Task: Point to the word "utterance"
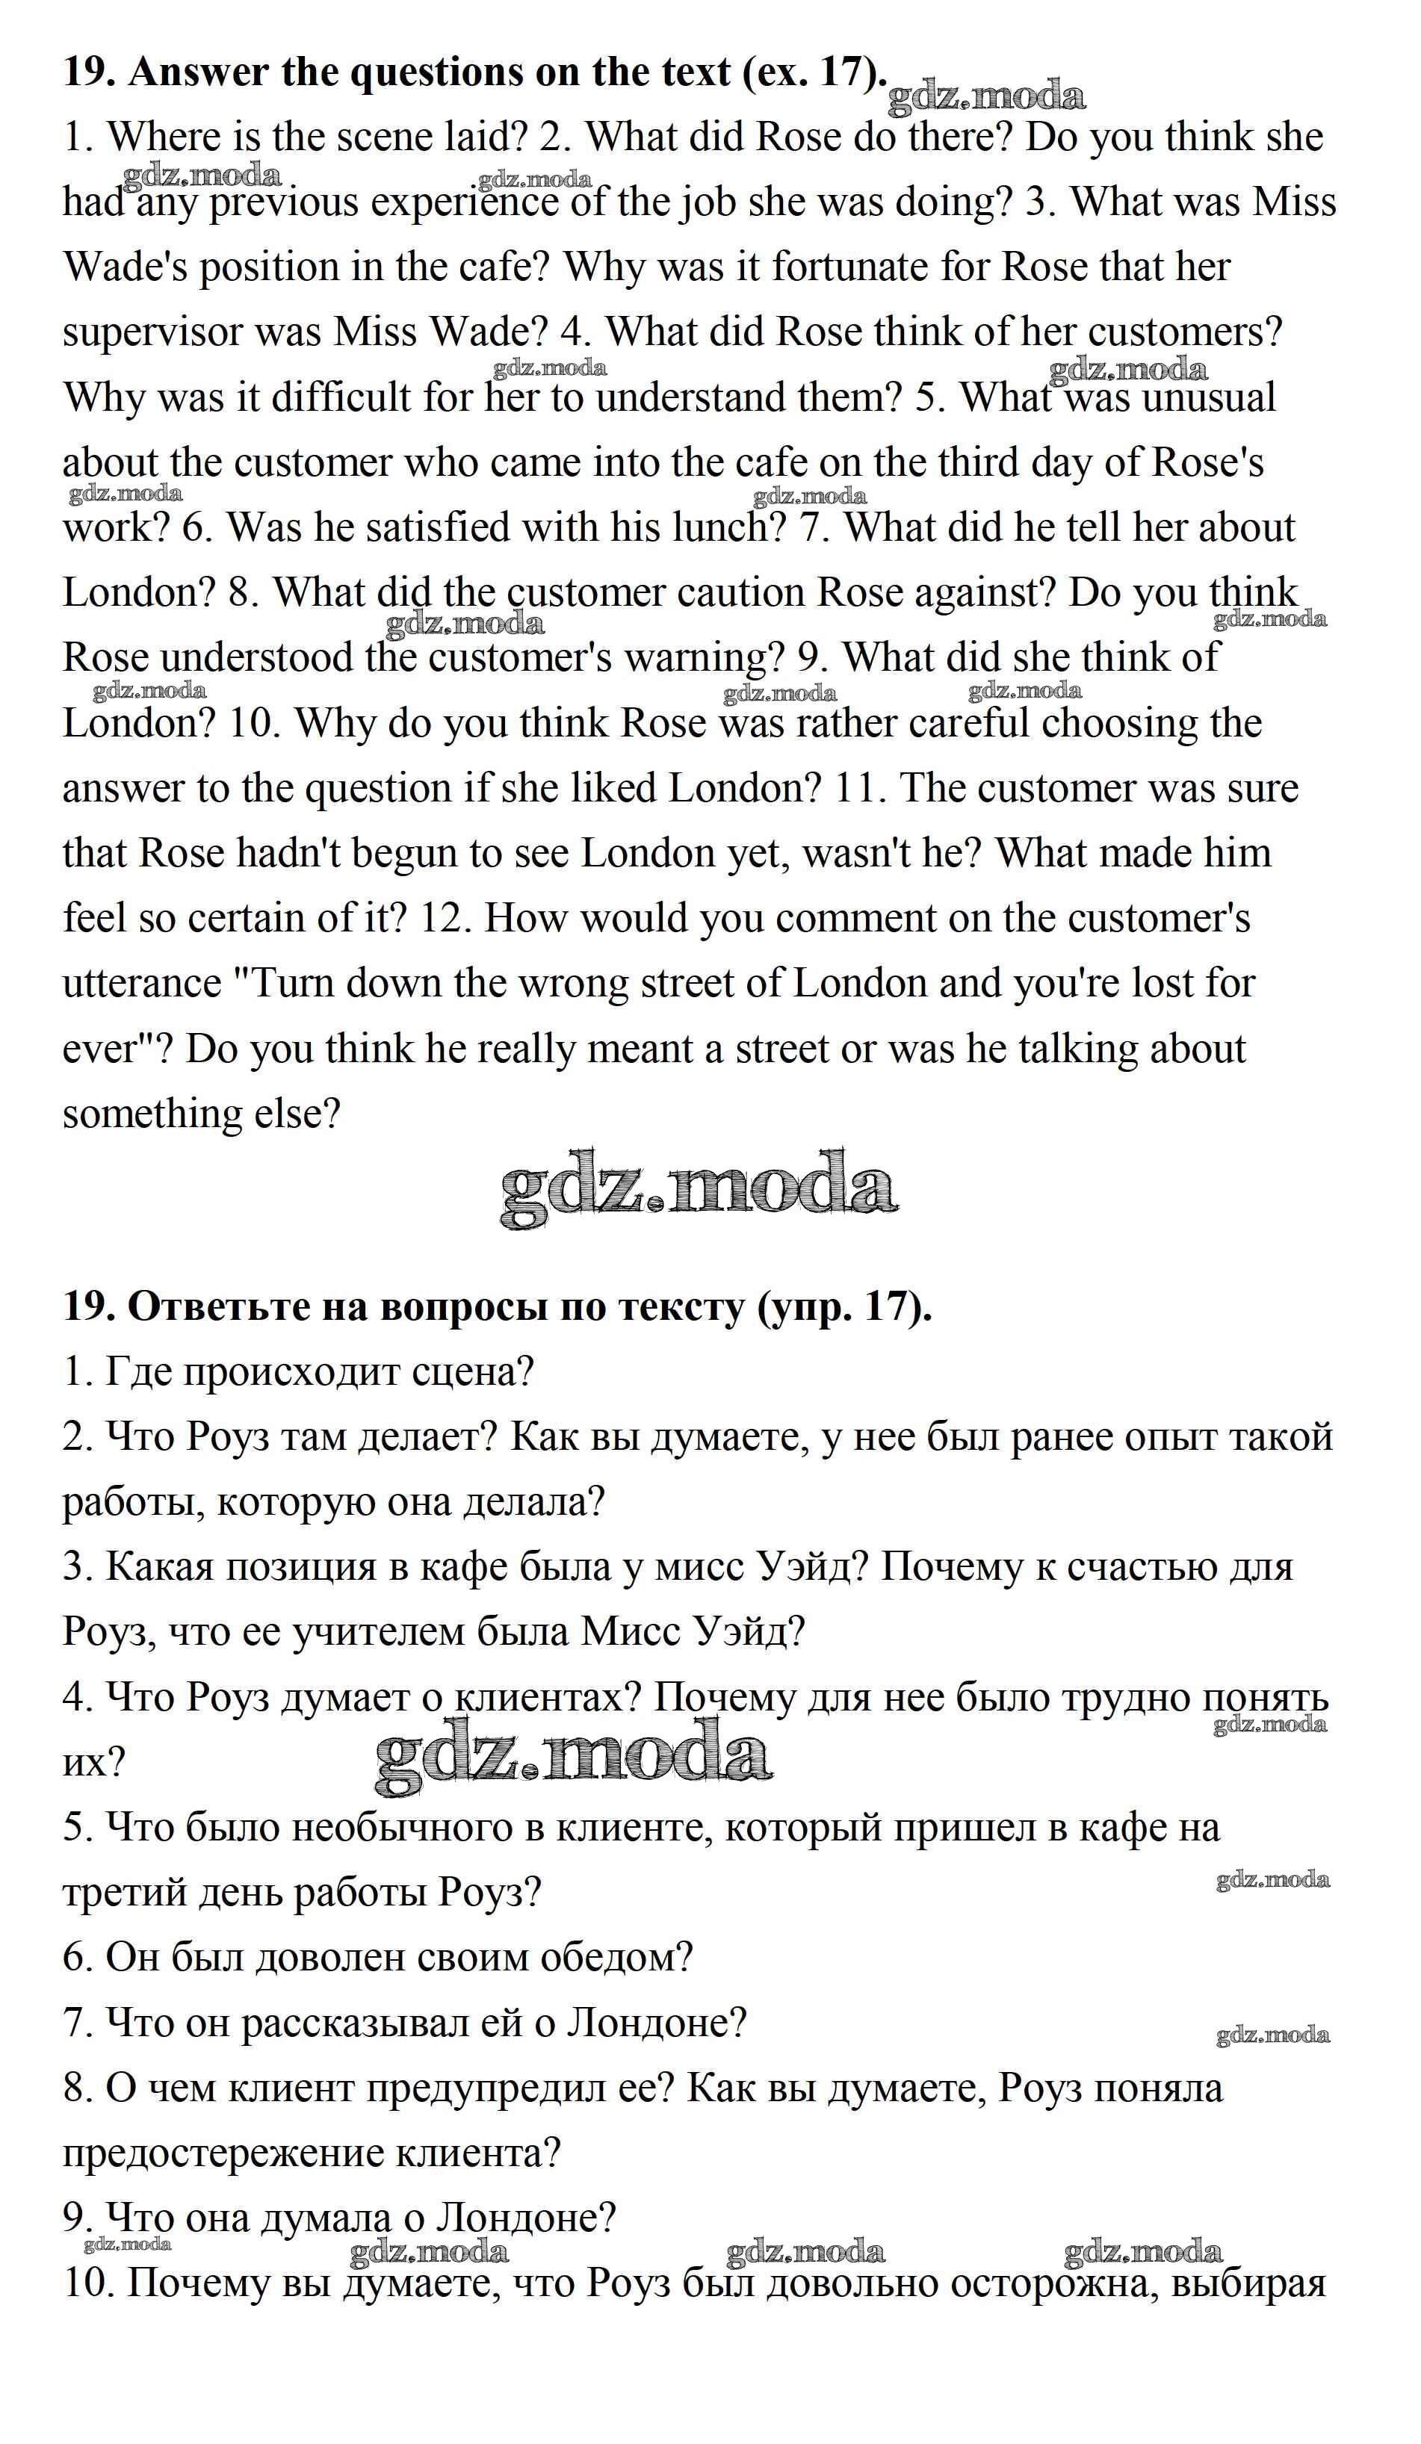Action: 143,984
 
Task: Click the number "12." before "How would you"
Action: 446,919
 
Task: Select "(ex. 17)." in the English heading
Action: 813,72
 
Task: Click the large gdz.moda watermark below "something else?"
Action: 699,1189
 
